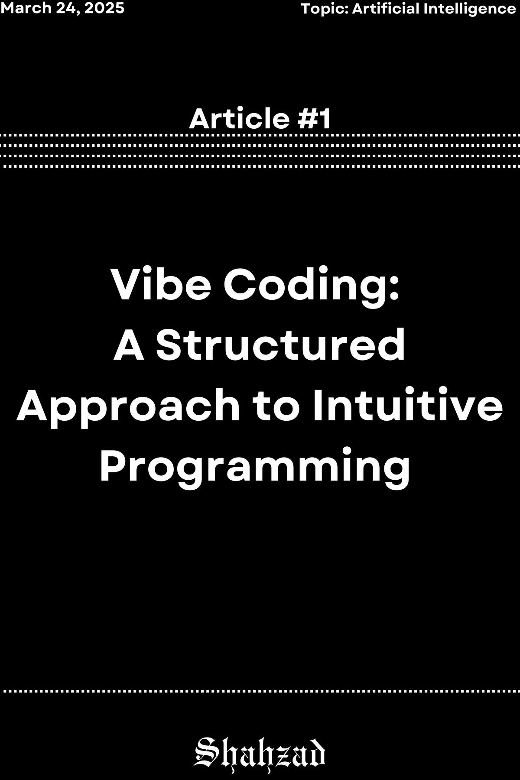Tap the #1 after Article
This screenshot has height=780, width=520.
click(315, 119)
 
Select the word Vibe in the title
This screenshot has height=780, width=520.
click(161, 286)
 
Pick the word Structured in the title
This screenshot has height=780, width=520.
click(281, 345)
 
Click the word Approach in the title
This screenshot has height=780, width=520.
click(128, 406)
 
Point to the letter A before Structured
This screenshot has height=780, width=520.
click(129, 345)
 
